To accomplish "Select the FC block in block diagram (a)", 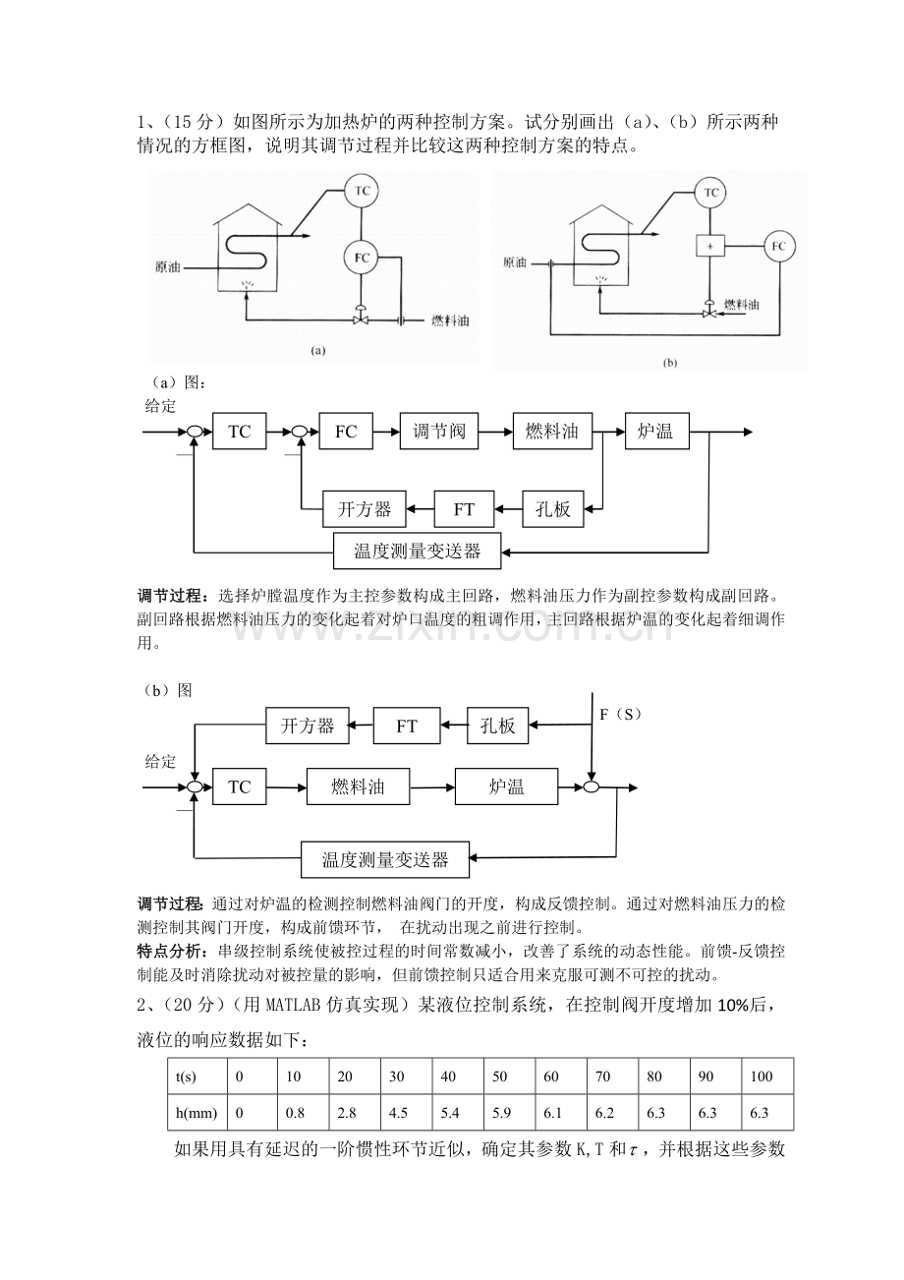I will tap(346, 431).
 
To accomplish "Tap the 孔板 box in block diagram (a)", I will tap(553, 509).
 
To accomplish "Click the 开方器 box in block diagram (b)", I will tap(308, 727).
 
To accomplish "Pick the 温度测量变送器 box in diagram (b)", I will tap(385, 860).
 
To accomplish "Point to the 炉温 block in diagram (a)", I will tap(655, 431).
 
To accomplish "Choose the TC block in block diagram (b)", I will tap(239, 787).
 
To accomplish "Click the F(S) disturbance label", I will tap(620, 714).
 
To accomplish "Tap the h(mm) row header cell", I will tap(195, 1112).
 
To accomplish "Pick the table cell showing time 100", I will tap(762, 1076).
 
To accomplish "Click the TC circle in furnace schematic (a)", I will tap(362, 192).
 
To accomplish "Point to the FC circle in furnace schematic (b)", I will tap(777, 245).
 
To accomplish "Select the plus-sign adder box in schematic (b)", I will tap(709, 245).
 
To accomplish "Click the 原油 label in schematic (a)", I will tap(168, 266).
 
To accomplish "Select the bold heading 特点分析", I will tap(171, 950).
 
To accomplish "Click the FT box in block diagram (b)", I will tap(407, 727).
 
